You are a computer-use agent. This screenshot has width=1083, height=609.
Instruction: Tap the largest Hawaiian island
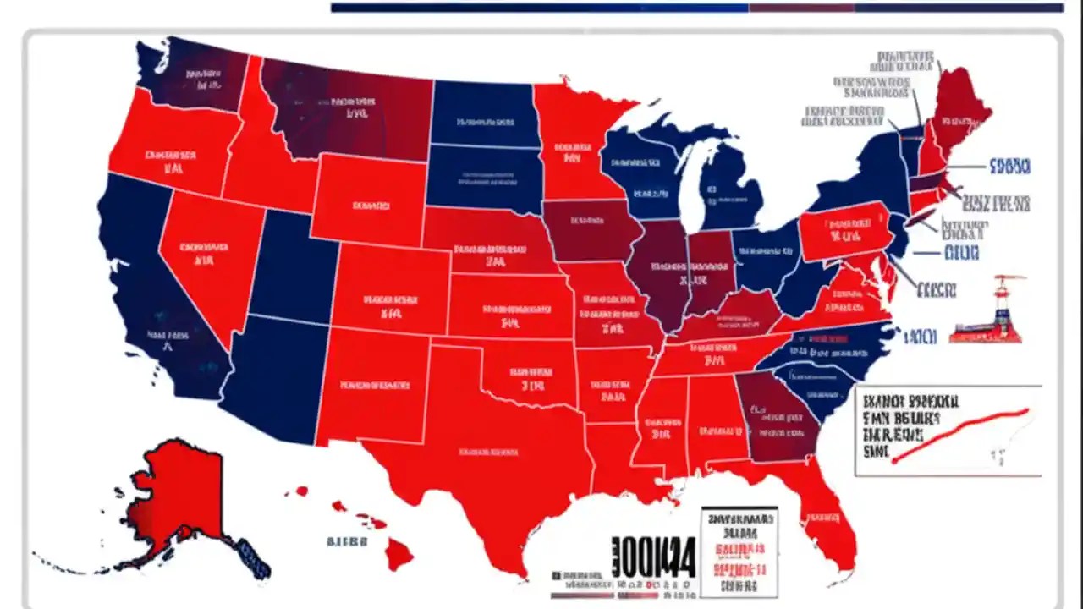399,555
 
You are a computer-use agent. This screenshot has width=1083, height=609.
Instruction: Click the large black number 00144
653,557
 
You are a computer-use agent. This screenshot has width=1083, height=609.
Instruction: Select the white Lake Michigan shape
695,182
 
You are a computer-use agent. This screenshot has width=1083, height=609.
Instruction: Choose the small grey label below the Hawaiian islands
347,541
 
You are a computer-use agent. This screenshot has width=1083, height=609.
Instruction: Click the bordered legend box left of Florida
739,550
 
